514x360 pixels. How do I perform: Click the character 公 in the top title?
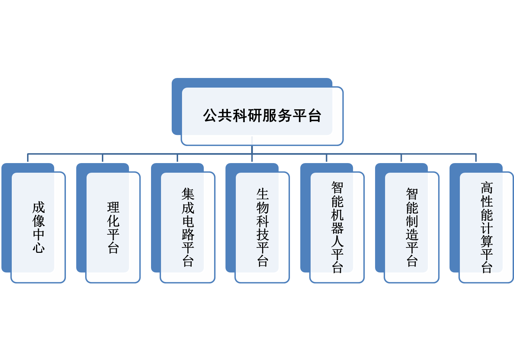pos(210,116)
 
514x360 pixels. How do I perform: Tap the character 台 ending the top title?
pos(315,116)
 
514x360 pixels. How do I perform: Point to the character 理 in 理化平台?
pos(113,208)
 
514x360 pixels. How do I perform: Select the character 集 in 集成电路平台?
pos(188,194)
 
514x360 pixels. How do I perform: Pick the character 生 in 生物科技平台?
pos(263,194)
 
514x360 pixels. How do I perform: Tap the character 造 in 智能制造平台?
pos(412,235)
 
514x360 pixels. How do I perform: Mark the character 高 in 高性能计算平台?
pos(487,188)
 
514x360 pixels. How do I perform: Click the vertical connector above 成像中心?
pos(28,158)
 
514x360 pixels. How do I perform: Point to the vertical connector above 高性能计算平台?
pos(476,158)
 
